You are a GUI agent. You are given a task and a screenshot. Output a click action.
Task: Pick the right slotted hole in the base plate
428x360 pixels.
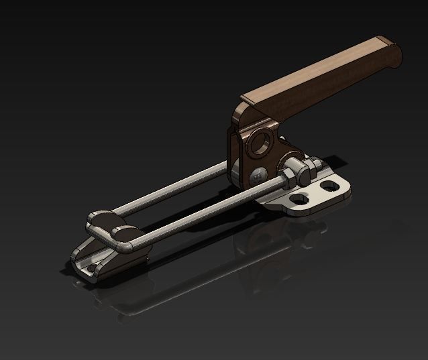coord(328,184)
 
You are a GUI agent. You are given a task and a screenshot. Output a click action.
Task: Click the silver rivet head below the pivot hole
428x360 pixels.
coord(258,176)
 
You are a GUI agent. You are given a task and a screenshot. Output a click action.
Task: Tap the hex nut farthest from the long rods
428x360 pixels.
coord(311,164)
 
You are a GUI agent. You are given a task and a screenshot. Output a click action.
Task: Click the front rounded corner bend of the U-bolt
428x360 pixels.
coord(124,247)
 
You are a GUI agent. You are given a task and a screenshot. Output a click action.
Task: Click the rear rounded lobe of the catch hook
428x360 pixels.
coord(101,218)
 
